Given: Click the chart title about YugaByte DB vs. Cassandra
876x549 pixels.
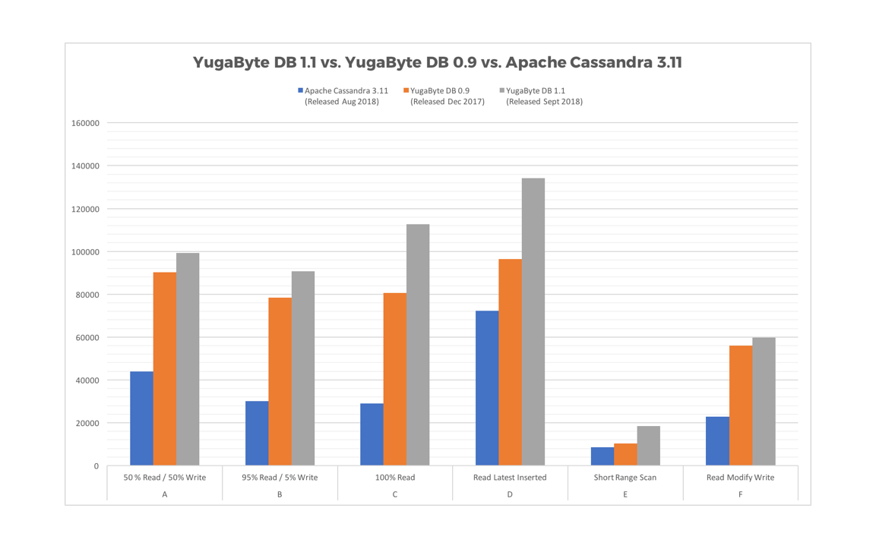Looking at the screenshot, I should [x=437, y=63].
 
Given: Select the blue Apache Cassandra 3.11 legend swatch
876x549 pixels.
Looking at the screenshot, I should [x=301, y=91].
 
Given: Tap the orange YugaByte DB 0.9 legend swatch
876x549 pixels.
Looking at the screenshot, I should [x=406, y=91].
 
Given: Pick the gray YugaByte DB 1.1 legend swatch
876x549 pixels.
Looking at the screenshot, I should [x=502, y=91].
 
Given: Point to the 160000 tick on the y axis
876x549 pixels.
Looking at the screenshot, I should [x=84, y=123].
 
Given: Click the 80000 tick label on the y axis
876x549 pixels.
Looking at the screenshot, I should [x=87, y=295].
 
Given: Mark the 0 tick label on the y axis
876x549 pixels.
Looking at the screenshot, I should [x=96, y=466].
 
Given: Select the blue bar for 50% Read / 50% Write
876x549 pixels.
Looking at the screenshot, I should [x=141, y=418].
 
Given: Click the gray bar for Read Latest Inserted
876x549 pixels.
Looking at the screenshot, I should [x=533, y=322].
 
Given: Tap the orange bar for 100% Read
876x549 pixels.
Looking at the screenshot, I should [x=394, y=379].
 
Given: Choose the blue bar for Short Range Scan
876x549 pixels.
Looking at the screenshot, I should [x=602, y=456].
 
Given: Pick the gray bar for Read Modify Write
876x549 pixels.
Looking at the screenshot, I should [x=764, y=402].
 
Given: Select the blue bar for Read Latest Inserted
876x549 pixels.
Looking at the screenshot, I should [x=487, y=388].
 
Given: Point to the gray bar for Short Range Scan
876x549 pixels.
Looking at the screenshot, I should [x=648, y=446].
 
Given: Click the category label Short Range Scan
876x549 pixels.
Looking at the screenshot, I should [x=625, y=478].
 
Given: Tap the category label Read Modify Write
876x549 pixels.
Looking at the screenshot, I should [x=740, y=478].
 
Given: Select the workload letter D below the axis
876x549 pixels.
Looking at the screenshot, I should [x=510, y=494].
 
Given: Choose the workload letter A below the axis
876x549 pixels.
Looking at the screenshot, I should [x=165, y=494].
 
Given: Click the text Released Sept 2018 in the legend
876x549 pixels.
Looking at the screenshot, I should [x=544, y=102].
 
